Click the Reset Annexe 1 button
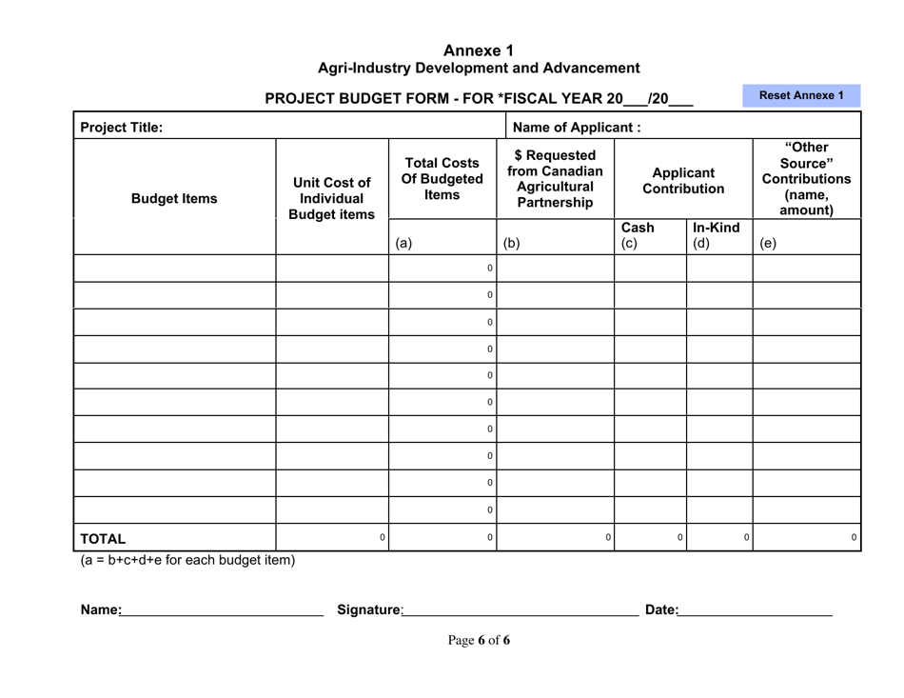point(800,95)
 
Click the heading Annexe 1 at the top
point(479,50)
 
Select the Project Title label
point(121,128)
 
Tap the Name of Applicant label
point(576,128)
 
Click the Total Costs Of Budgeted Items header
point(442,178)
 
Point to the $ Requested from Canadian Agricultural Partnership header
point(555,178)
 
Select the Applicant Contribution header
point(683,181)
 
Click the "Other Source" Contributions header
point(806,179)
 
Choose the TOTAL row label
point(103,538)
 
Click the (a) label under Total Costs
point(403,243)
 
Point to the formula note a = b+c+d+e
point(187,560)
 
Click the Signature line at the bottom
point(521,610)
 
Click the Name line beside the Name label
point(222,610)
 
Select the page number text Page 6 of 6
point(479,640)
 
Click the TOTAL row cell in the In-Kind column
point(719,538)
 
